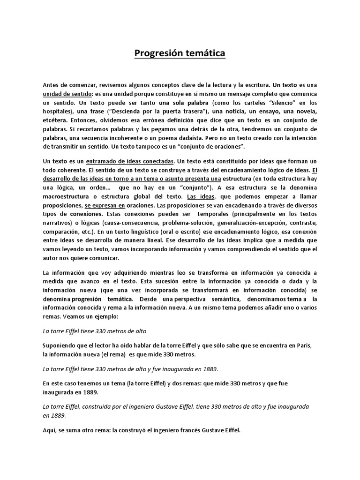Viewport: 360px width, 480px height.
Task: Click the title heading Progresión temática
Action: click(x=180, y=53)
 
